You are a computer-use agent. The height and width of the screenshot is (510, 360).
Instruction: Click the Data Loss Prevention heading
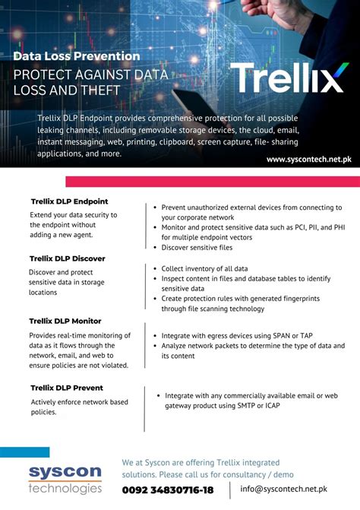pyautogui.click(x=77, y=56)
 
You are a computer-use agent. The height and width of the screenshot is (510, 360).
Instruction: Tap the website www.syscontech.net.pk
pyautogui.click(x=308, y=159)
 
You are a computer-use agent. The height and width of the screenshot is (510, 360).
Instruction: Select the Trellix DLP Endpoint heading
pyautogui.click(x=69, y=201)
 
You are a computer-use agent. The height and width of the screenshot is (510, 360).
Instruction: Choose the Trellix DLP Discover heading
pyautogui.click(x=68, y=258)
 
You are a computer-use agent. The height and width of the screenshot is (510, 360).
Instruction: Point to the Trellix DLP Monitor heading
pyautogui.click(x=65, y=321)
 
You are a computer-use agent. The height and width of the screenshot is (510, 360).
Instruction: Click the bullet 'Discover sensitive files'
pyautogui.click(x=197, y=248)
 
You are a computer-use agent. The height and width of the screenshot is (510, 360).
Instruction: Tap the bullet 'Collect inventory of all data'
pyautogui.click(x=204, y=268)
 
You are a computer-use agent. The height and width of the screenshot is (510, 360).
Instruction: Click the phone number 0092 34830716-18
pyautogui.click(x=168, y=490)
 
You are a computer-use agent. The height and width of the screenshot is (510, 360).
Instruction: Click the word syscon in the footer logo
pyautogui.click(x=65, y=472)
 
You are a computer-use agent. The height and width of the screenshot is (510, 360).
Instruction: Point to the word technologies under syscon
pyautogui.click(x=65, y=488)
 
